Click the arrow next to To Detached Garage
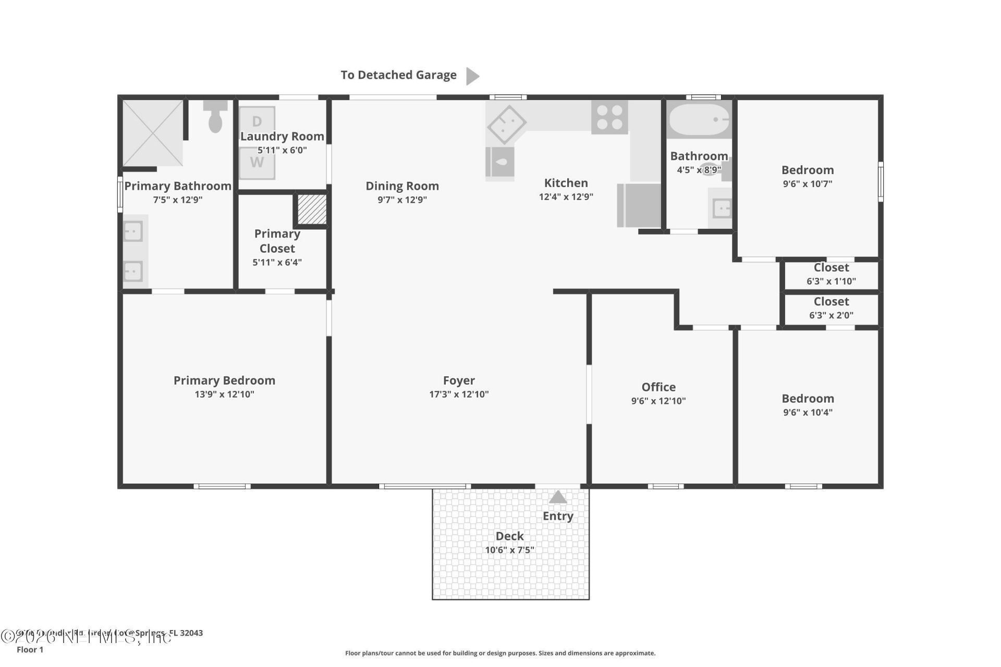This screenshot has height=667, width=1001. [472, 76]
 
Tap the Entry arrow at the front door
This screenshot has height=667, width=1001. [557, 497]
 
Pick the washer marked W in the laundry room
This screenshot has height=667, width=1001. [257, 163]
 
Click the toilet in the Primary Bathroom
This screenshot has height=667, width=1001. [215, 117]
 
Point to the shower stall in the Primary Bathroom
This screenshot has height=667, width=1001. [152, 133]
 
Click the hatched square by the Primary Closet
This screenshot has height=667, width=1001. [312, 209]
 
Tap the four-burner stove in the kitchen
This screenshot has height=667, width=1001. [609, 118]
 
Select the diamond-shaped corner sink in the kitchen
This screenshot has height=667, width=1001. [506, 125]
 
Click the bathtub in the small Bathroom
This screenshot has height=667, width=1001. [699, 120]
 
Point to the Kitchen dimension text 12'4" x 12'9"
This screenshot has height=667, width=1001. [566, 197]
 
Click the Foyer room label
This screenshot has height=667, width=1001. [459, 380]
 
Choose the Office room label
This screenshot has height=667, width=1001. [658, 387]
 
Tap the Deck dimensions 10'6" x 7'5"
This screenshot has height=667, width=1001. [509, 550]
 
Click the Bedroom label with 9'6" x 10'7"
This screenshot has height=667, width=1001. [807, 170]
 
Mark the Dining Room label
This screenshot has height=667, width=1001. [402, 186]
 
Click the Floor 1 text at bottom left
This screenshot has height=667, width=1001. [30, 650]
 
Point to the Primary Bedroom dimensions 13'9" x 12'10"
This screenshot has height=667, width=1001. [224, 394]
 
